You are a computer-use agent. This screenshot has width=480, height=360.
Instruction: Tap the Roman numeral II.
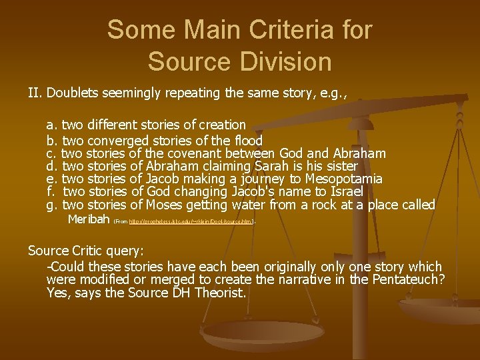click(35, 92)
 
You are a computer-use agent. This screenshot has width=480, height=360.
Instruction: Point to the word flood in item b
click(247, 140)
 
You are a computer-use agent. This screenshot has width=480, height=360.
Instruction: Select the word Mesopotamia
click(343, 179)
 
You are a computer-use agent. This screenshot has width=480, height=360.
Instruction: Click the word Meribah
click(89, 219)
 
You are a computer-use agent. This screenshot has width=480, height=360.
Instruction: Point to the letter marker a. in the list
click(51, 125)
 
